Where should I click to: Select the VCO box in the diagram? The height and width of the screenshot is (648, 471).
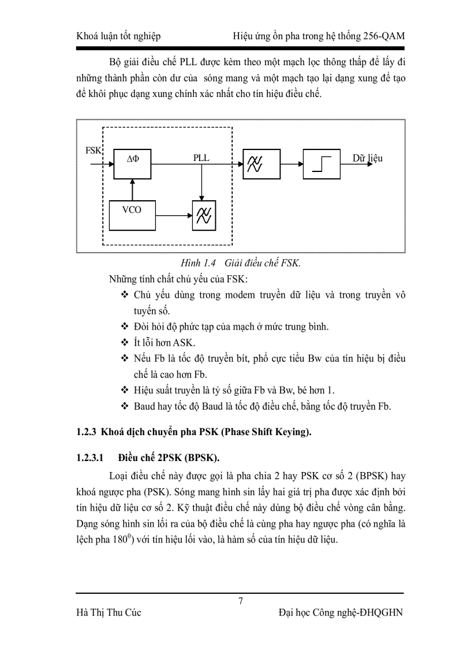click(x=132, y=215)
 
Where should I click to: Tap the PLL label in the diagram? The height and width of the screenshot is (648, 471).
click(x=201, y=158)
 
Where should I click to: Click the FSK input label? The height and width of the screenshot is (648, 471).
click(x=93, y=151)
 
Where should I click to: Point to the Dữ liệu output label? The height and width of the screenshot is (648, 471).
click(x=368, y=158)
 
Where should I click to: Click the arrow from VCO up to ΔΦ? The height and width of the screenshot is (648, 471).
click(x=132, y=189)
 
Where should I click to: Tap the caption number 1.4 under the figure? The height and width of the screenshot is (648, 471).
click(x=207, y=263)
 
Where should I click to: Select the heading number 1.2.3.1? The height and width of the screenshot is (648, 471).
click(x=89, y=458)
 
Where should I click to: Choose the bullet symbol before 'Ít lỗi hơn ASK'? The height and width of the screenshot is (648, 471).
click(x=125, y=342)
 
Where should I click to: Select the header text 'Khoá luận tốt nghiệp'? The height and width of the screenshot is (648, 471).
click(x=118, y=36)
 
